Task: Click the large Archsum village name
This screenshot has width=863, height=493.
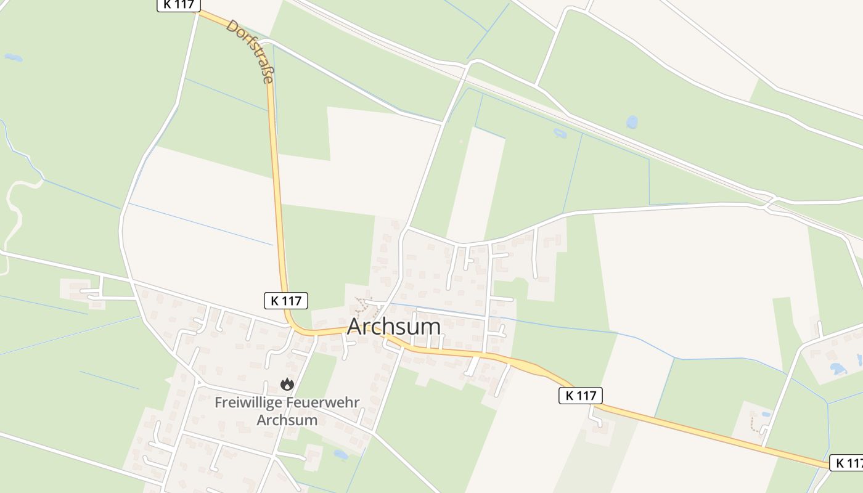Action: pyautogui.click(x=394, y=327)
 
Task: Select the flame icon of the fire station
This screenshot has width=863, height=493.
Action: pyautogui.click(x=287, y=385)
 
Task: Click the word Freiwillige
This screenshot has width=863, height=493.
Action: pyautogui.click(x=247, y=402)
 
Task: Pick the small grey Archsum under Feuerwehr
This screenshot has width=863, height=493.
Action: pyautogui.click(x=287, y=420)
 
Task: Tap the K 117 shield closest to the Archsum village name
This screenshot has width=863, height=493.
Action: pyautogui.click(x=286, y=301)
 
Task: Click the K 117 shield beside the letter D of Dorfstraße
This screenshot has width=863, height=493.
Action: pyautogui.click(x=179, y=4)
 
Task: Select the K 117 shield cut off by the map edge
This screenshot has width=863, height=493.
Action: pyautogui.click(x=846, y=463)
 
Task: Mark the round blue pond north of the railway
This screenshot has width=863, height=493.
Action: pyautogui.click(x=632, y=122)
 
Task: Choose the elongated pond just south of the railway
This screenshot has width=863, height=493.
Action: pyautogui.click(x=560, y=132)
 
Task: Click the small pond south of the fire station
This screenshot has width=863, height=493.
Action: pyautogui.click(x=340, y=455)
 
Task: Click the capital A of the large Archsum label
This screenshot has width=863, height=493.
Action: pyautogui.click(x=356, y=327)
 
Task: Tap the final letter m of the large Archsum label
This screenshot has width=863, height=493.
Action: pyautogui.click(x=431, y=327)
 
